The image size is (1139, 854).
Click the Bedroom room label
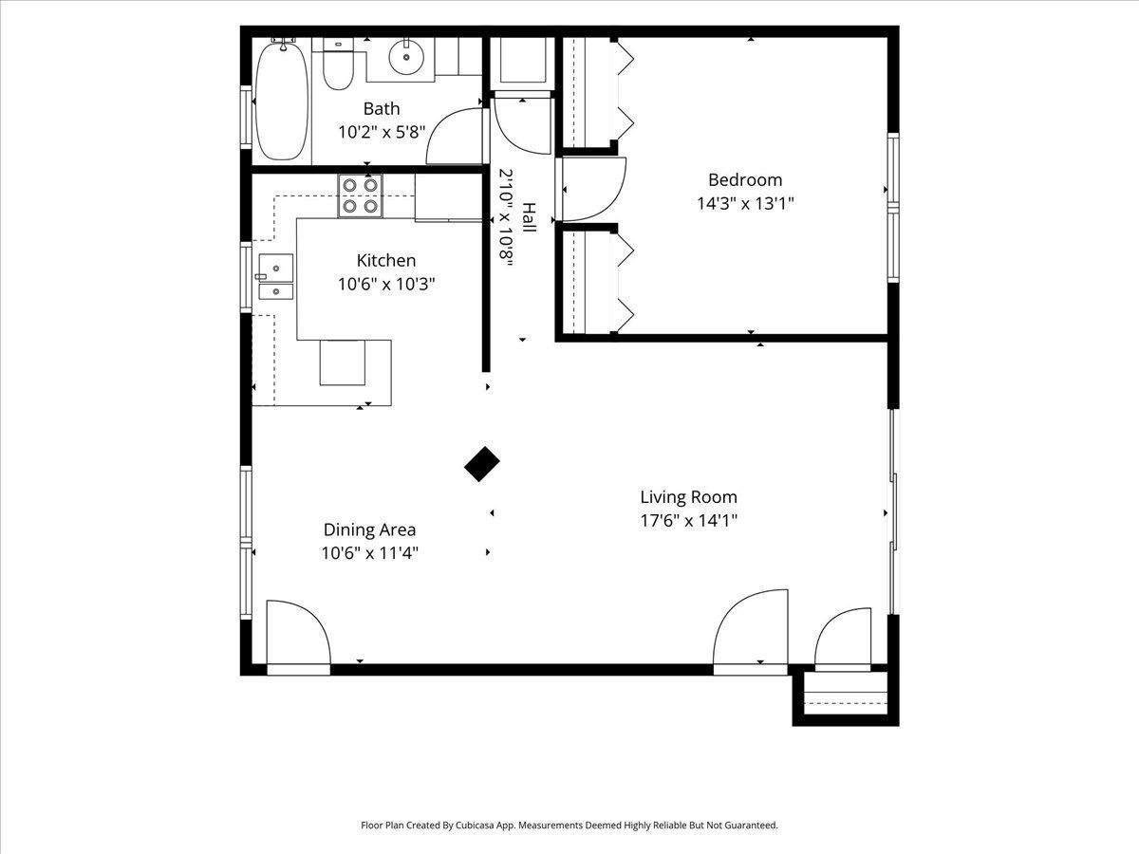click(x=745, y=180)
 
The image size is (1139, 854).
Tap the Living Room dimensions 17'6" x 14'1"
click(x=688, y=520)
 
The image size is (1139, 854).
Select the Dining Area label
click(x=369, y=529)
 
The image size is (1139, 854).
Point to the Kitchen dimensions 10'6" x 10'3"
click(x=386, y=284)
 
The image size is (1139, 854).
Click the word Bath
click(x=382, y=109)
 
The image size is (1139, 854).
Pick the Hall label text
click(x=529, y=217)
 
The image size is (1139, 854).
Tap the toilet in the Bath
click(x=338, y=64)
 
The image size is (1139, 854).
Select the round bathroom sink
click(x=406, y=56)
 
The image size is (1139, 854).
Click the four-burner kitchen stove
click(x=360, y=195)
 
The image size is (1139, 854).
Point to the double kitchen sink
click(x=276, y=276)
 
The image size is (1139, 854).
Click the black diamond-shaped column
click(x=481, y=464)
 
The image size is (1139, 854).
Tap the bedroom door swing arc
click(x=594, y=189)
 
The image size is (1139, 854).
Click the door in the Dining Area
click(x=298, y=638)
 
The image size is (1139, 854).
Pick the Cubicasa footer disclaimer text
click(x=569, y=825)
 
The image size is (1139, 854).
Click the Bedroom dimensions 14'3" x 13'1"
click(x=745, y=203)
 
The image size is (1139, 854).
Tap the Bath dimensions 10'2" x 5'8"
click(x=382, y=132)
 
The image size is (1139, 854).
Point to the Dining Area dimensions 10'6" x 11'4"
click(x=369, y=553)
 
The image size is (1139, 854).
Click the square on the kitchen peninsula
click(x=342, y=362)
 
